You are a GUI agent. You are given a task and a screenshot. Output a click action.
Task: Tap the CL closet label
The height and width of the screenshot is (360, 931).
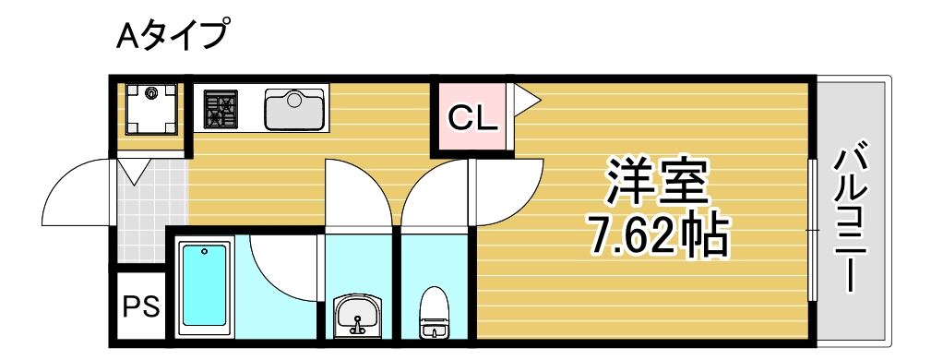click(472, 117)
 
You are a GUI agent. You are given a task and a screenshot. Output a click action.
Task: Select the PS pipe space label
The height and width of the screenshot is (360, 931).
click(141, 306)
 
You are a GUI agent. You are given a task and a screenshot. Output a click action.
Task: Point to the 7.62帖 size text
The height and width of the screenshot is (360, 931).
click(657, 236)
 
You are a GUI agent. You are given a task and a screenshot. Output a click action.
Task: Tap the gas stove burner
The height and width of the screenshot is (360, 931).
click(221, 109)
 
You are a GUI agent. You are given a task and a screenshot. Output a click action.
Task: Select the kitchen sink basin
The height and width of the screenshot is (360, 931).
click(294, 109)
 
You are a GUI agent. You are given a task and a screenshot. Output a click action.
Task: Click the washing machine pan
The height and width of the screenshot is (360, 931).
click(150, 109)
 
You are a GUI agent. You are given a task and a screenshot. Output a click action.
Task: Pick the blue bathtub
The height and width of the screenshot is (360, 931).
click(204, 285)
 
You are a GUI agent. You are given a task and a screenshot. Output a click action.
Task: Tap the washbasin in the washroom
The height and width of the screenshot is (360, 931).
click(357, 315)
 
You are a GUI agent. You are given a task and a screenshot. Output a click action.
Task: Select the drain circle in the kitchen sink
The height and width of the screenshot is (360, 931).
click(294, 99)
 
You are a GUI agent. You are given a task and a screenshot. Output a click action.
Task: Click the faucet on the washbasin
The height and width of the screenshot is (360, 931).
click(357, 324)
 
